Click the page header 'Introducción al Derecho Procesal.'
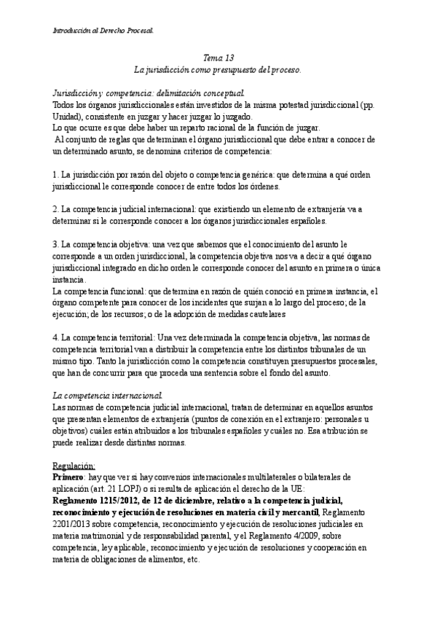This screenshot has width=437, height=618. [x=103, y=31]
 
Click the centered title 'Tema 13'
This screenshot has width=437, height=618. [x=218, y=58]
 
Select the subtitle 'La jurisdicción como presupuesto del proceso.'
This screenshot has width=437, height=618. [x=218, y=69]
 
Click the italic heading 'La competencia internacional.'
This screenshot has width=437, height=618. [x=108, y=394]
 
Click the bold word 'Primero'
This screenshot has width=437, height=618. [x=68, y=477]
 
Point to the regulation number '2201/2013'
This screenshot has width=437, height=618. [x=72, y=524]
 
